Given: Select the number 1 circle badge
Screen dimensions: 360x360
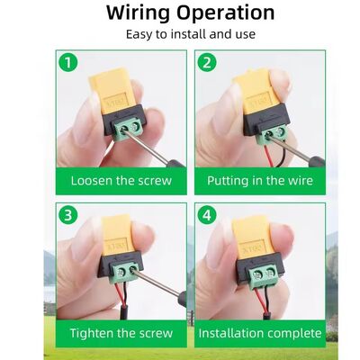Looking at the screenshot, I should [66, 63].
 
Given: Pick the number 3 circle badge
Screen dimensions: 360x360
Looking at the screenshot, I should [66, 217].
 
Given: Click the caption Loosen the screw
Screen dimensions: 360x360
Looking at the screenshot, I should [121, 180].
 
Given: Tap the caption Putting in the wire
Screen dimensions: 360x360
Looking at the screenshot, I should [259, 180].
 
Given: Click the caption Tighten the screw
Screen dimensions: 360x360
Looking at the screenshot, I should [121, 333].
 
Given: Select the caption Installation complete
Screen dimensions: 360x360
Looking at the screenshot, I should [259, 333].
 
